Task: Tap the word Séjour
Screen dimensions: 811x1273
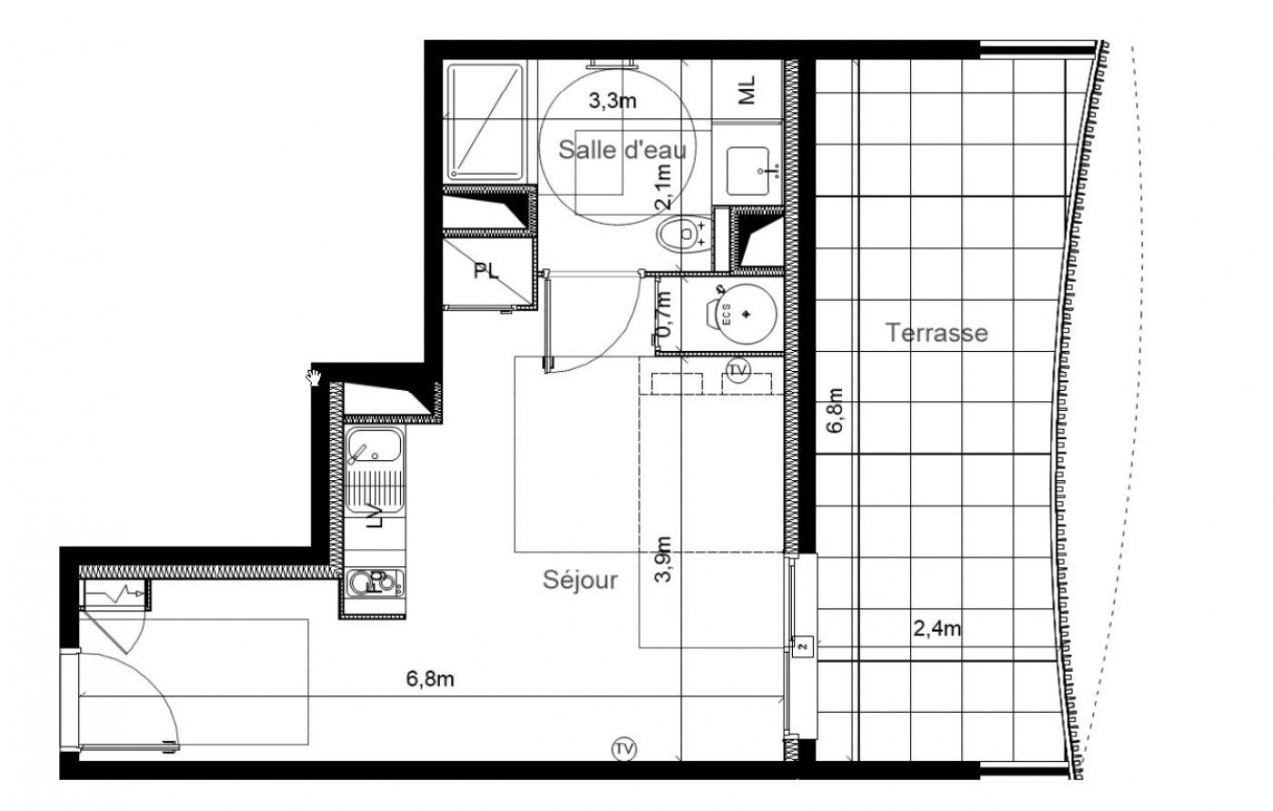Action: click(x=580, y=579)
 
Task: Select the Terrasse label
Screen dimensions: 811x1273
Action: click(x=937, y=333)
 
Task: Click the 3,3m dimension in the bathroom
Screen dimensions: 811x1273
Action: click(x=612, y=101)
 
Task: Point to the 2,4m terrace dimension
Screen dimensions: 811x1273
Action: click(x=937, y=627)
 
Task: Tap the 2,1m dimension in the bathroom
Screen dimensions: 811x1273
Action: click(x=665, y=187)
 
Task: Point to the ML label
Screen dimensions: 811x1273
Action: click(x=747, y=90)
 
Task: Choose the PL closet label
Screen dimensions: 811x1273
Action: click(x=486, y=272)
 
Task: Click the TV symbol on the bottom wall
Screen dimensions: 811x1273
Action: click(x=623, y=749)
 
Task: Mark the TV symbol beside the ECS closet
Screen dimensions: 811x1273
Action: click(x=737, y=369)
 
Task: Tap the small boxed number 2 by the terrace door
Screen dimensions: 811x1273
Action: click(x=801, y=647)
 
